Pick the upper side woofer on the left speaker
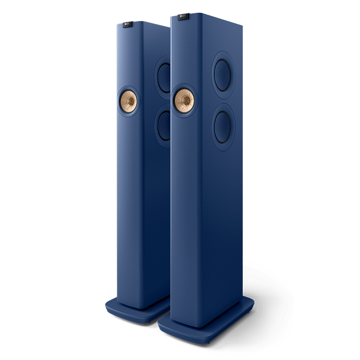[164, 77]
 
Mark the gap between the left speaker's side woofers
[164, 102]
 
